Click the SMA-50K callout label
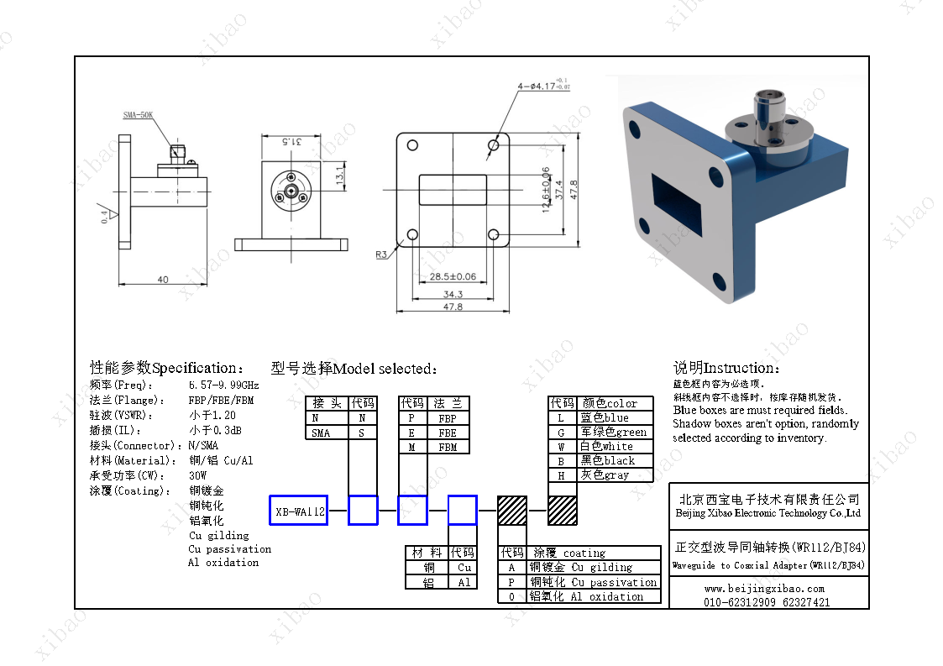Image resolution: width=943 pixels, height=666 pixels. [x=138, y=116]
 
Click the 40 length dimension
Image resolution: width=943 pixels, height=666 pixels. [x=162, y=279]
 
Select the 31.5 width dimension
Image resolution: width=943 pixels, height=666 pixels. [x=291, y=141]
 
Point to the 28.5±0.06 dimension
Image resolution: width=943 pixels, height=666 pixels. [x=453, y=276]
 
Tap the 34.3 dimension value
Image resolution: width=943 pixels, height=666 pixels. [x=453, y=294]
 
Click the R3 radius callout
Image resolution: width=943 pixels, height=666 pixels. [x=382, y=253]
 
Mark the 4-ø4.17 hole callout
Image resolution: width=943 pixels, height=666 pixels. [x=538, y=86]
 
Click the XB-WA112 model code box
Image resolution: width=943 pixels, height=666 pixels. [x=298, y=510]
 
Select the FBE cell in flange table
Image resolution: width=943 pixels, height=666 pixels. [x=448, y=433]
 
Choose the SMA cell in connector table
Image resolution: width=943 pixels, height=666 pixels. [x=321, y=433]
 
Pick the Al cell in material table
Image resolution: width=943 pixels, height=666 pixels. [x=464, y=582]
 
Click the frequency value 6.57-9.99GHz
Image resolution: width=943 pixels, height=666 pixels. [x=223, y=385]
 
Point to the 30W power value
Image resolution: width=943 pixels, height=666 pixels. [x=197, y=475]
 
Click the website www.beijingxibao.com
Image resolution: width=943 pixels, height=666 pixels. [x=764, y=589]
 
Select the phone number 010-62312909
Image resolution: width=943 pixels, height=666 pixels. [x=736, y=602]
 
